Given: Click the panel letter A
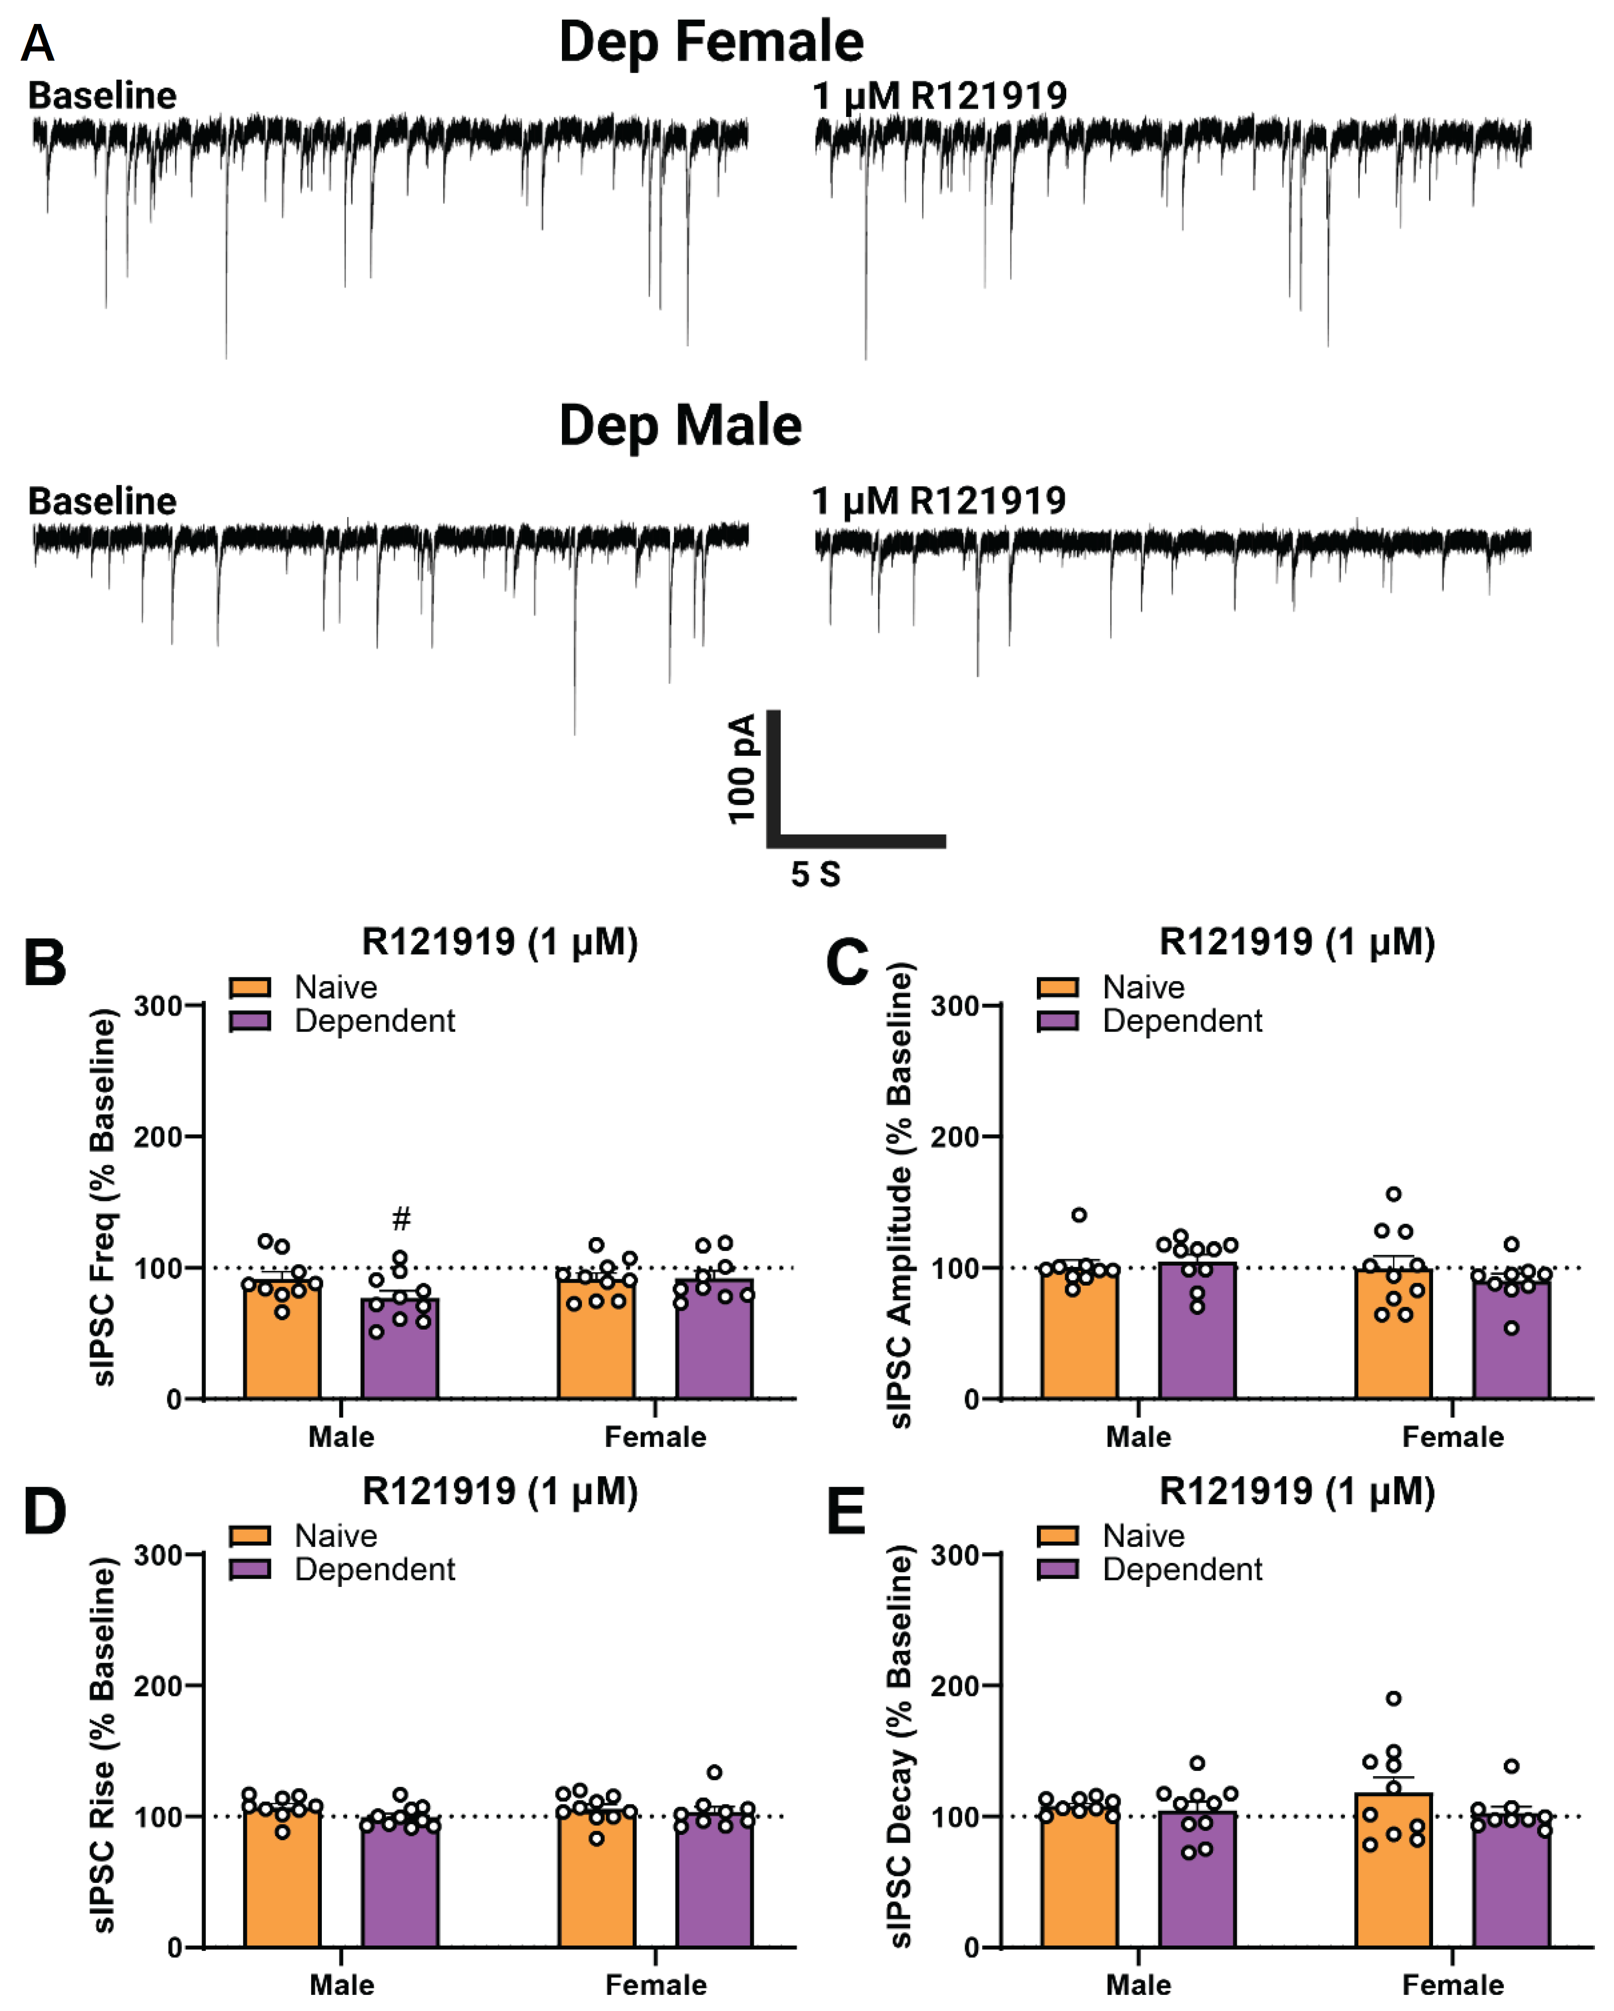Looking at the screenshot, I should click(37, 43).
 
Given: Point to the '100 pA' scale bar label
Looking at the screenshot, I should click(742, 769).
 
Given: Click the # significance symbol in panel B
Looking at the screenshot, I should click(401, 1218).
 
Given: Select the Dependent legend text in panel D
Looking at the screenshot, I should click(375, 1570).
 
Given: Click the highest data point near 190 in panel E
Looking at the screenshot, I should click(1393, 1698).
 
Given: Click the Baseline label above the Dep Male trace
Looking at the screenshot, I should click(103, 502).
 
